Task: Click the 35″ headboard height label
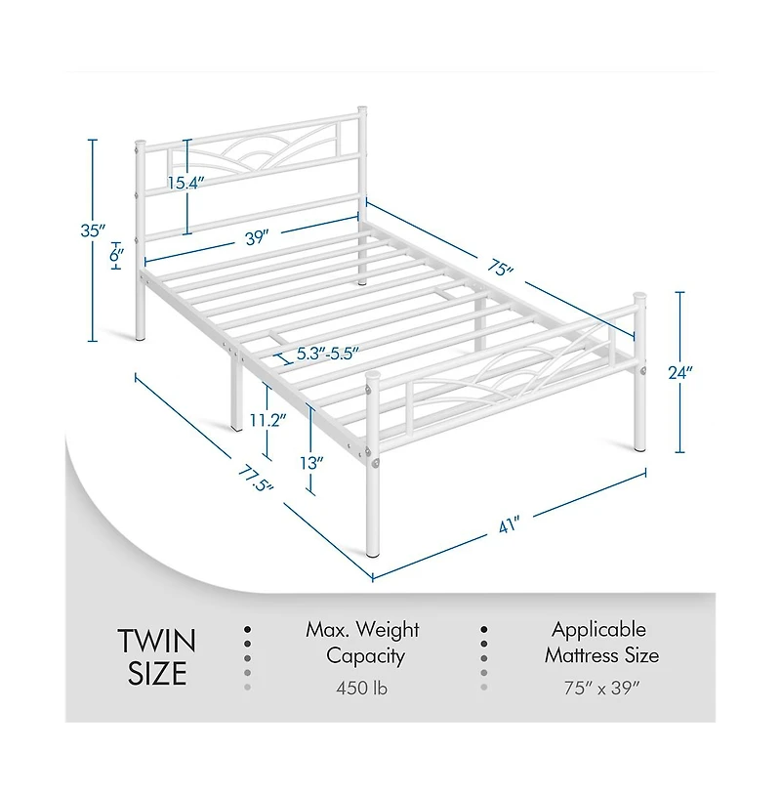click(92, 230)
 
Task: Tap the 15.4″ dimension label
click(185, 183)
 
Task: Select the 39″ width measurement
click(257, 236)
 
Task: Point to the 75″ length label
click(500, 267)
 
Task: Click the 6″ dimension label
click(116, 255)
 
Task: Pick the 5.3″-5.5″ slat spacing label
click(328, 354)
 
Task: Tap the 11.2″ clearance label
click(268, 420)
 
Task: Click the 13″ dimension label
click(311, 463)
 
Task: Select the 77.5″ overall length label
click(256, 479)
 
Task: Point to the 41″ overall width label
click(510, 524)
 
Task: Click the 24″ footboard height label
click(680, 373)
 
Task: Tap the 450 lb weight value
click(362, 688)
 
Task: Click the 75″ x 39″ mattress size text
click(602, 688)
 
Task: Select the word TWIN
click(157, 641)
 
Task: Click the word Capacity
click(365, 656)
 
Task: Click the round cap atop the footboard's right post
click(638, 295)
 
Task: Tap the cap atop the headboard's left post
click(141, 142)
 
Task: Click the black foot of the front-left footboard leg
click(373, 555)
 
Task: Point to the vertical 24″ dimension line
click(680, 372)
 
